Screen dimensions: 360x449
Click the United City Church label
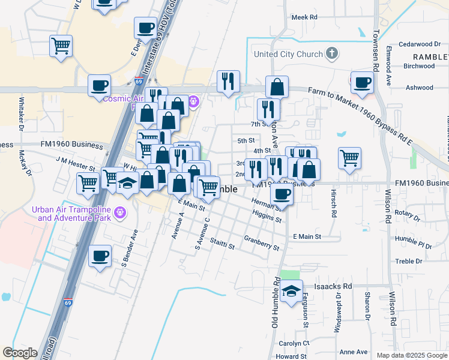click(288, 54)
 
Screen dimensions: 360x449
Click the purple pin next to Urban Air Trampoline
click(121, 211)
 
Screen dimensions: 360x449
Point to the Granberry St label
click(262, 243)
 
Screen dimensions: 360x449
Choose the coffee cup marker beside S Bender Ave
click(100, 256)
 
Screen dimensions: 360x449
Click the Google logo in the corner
click(20, 353)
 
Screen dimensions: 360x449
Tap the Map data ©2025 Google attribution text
click(412, 355)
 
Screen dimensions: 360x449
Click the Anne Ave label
click(354, 352)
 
